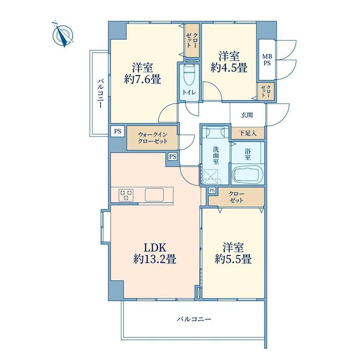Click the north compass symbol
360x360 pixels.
point(63,35)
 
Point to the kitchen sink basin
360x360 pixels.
point(154,195)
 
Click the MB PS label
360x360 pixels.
point(267,59)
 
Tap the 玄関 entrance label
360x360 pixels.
point(247,115)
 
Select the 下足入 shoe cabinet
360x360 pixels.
point(248,133)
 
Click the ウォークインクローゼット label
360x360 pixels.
point(153,138)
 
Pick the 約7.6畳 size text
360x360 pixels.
point(142,80)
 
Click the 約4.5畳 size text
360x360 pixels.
point(229,67)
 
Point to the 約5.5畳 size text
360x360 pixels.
point(233,259)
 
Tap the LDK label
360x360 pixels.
point(155,248)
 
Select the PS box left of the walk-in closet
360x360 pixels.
point(117,131)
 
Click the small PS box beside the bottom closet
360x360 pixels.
point(212,190)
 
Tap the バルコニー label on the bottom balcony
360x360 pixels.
point(194,319)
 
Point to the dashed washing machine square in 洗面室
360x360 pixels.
point(211,176)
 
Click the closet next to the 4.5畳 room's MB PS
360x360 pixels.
point(266,91)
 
